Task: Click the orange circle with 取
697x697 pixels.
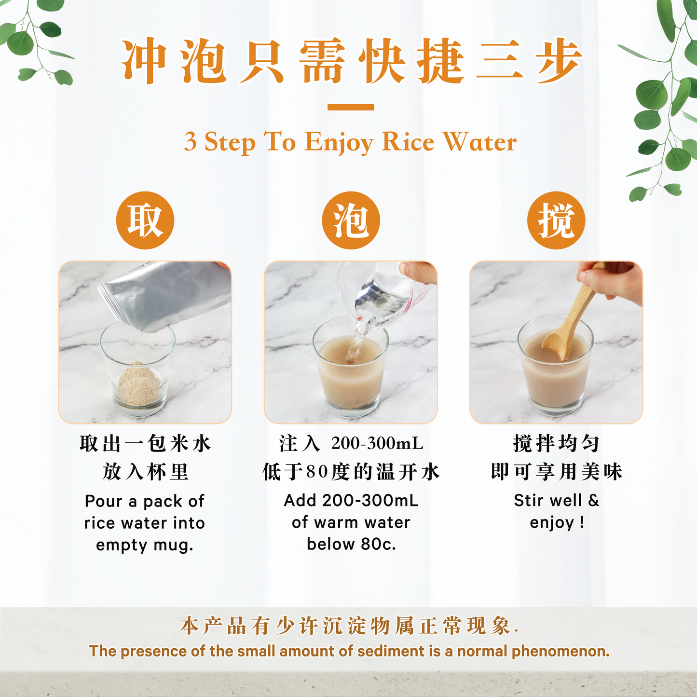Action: coord(145,220)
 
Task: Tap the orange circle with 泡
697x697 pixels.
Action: coord(351,220)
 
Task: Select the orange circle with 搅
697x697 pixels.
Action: coord(556,220)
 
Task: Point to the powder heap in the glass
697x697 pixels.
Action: coord(139,383)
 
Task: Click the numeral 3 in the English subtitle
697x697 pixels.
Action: coord(191,142)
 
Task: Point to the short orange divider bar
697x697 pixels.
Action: coord(351,107)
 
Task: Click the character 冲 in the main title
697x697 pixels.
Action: coord(143,62)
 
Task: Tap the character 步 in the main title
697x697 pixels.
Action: coord(559,62)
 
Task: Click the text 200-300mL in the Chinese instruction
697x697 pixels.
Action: coord(377,443)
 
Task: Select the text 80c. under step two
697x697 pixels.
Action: coord(378,544)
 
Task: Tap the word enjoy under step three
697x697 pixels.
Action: coord(552,523)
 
